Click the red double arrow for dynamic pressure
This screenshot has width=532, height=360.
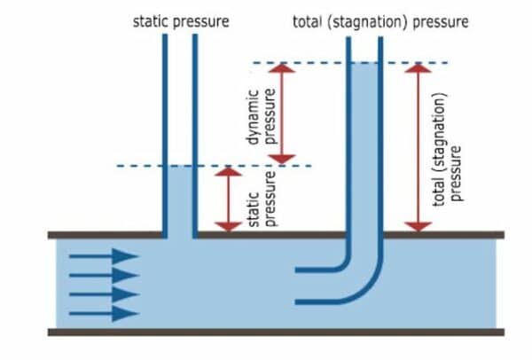pos(281,113)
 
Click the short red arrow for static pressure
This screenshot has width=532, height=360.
pos(229,200)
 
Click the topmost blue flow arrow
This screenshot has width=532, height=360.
pos(105,257)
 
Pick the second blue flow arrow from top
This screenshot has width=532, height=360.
pos(105,275)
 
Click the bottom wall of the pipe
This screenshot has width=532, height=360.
pos(275,333)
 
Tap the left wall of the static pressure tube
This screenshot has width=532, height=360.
pos(164,133)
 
